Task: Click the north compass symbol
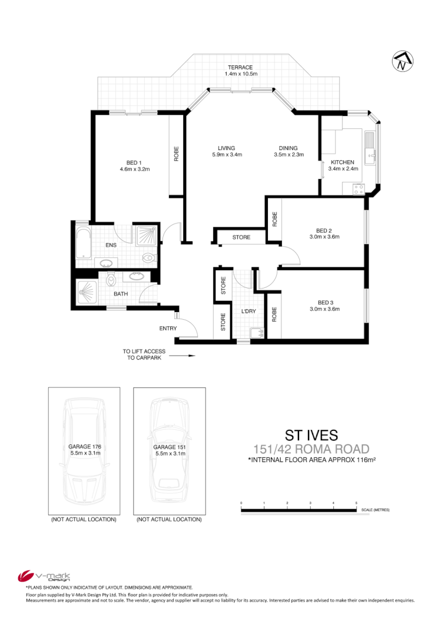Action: (x=403, y=61)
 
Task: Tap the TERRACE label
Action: (x=241, y=68)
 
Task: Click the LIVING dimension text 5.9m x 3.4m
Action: (x=227, y=155)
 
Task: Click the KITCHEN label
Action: (x=342, y=162)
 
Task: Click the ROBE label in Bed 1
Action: (x=176, y=154)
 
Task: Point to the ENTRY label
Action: (x=168, y=328)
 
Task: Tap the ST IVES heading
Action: (x=311, y=435)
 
